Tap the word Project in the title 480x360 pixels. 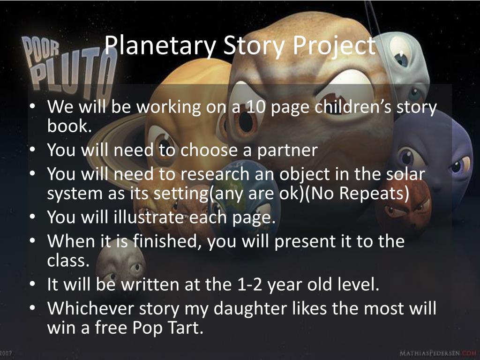(334, 46)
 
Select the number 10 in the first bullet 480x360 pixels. (255, 107)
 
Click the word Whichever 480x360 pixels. (90, 308)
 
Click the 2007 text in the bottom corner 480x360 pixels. (6, 353)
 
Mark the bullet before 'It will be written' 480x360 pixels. (32, 284)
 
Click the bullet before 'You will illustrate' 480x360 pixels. (32, 216)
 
